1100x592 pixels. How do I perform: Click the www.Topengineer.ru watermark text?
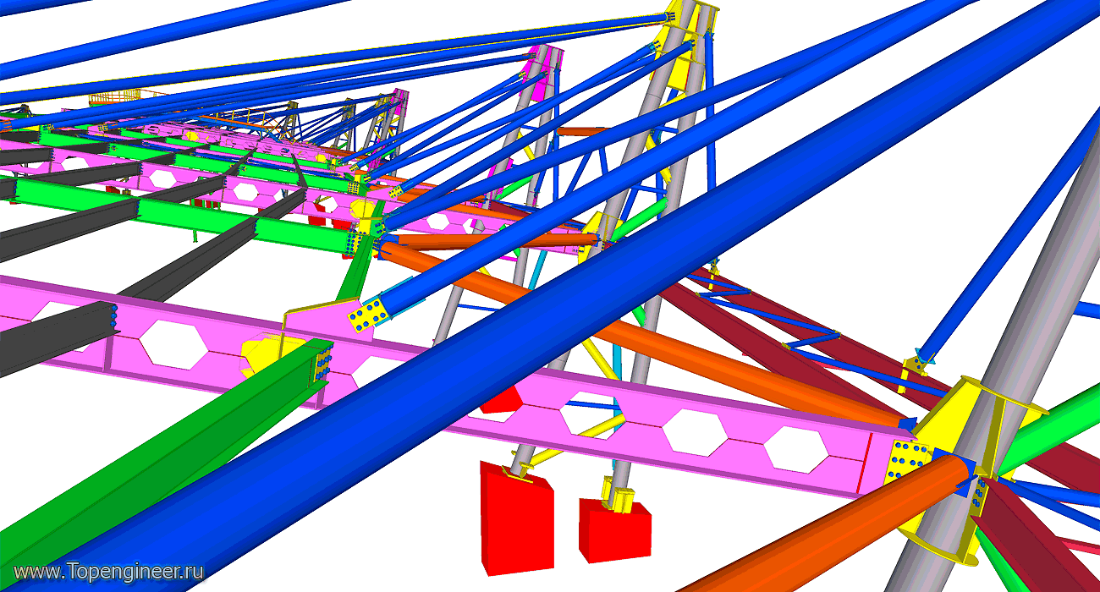coord(108,572)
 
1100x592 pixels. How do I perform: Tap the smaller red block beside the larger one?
coord(615,531)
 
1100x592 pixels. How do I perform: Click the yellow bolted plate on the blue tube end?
coord(368,314)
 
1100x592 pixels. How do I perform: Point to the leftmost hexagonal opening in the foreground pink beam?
coord(173,344)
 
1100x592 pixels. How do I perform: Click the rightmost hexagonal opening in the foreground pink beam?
coord(796,449)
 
